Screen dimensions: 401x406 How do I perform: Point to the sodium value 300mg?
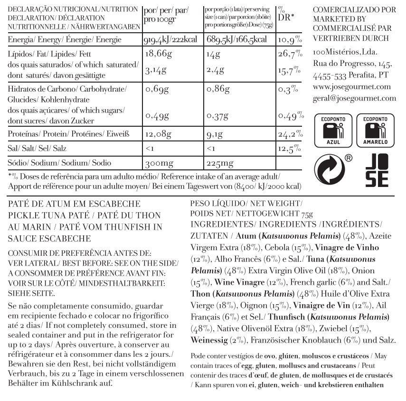(160, 163)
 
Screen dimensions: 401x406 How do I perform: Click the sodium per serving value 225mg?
(220, 163)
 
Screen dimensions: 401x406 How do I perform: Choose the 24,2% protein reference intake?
(289, 134)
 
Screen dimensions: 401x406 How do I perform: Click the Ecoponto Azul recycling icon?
(331, 130)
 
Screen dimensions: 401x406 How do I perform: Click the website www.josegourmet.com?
(352, 87)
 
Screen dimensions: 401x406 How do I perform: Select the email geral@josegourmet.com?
(354, 98)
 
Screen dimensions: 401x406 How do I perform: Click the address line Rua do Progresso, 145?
(352, 64)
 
